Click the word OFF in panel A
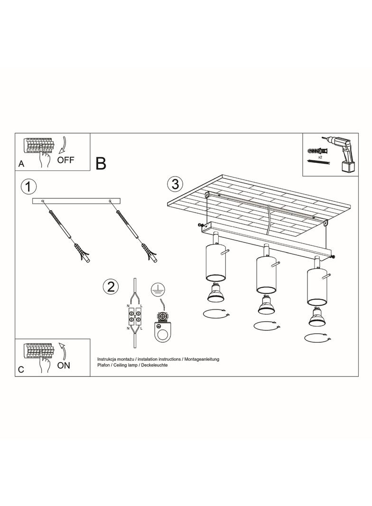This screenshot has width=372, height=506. pos(66,159)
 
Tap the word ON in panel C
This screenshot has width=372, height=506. pos(64,365)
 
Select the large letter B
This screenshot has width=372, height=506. pos(101,164)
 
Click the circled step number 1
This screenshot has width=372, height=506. pos(28,187)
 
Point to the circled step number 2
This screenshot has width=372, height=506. pos(111,287)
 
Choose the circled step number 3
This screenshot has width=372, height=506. pos(175,184)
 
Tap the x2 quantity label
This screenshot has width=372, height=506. pos(320,157)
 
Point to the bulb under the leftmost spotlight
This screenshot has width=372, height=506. pos(216,293)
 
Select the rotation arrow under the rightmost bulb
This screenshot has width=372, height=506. pos(318,338)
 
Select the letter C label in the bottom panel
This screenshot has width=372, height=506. pos(21,369)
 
